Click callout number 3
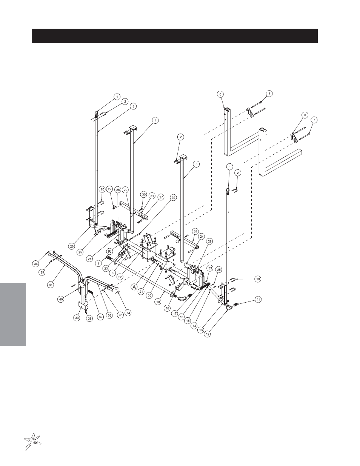[133, 106]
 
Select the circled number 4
[155, 120]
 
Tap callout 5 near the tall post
[196, 164]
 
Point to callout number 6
[220, 94]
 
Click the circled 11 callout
[258, 300]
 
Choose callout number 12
[207, 334]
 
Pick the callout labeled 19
[158, 302]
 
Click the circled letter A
[134, 287]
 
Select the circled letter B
[109, 251]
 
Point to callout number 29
[125, 190]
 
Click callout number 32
[173, 197]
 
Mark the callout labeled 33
[210, 268]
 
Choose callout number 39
[77, 318]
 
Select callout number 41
[51, 285]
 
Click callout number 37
[101, 317]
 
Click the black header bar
[175, 36]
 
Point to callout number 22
[120, 277]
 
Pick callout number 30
[144, 194]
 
